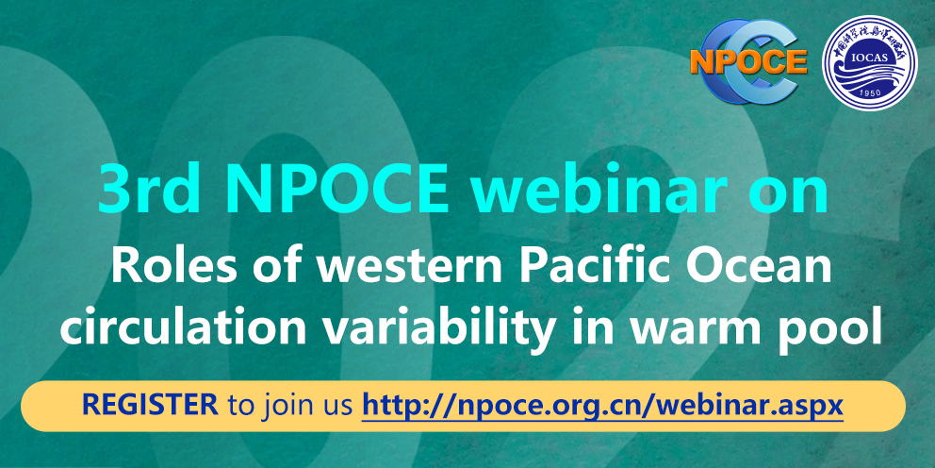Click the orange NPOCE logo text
pos(748,61)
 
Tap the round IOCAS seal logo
pos(869,62)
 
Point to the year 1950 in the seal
pos(870,95)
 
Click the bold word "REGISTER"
pos(150,406)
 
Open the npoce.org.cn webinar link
pos(602,407)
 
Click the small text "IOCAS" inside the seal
pos(871,58)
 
